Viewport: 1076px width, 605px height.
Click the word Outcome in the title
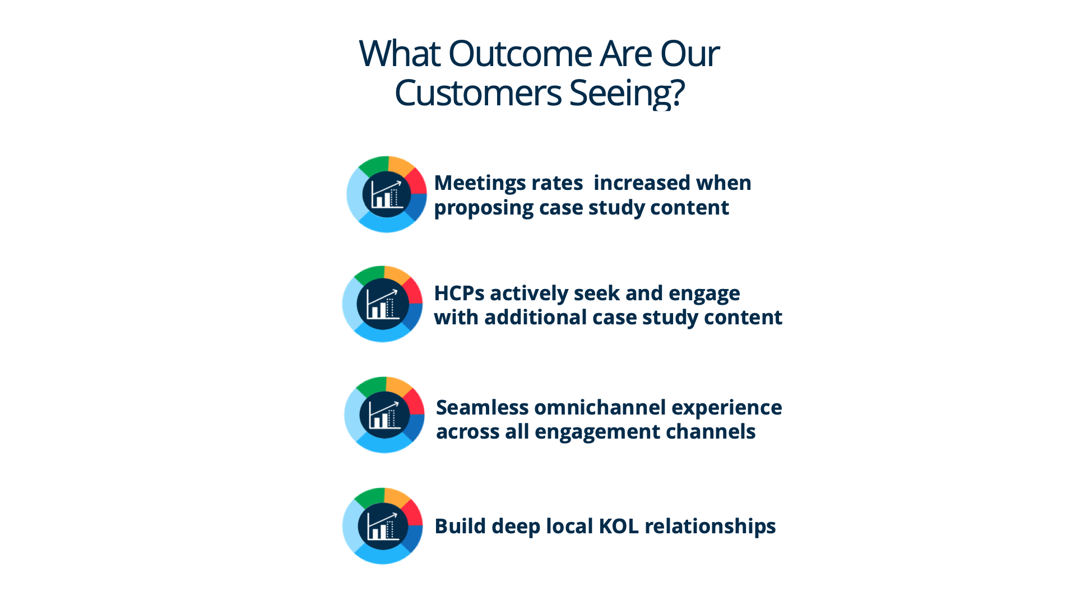coord(520,54)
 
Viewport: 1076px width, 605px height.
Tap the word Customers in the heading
coord(478,93)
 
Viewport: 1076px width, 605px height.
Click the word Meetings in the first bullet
coord(480,184)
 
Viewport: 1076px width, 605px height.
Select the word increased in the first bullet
coord(634,183)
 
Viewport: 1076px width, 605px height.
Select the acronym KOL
coord(619,527)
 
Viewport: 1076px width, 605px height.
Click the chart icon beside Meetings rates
coord(387,194)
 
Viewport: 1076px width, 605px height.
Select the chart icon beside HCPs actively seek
coord(382,304)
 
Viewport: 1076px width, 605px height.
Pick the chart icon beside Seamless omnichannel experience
coord(384,415)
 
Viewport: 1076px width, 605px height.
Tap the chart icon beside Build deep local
coord(382,526)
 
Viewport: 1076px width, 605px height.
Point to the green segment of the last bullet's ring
coord(370,498)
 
